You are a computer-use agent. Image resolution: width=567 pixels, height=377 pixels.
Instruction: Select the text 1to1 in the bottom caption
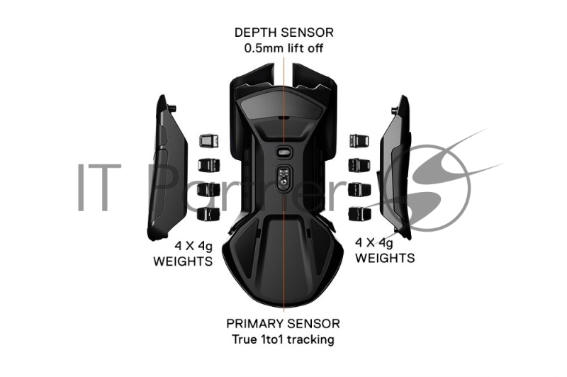(x=269, y=339)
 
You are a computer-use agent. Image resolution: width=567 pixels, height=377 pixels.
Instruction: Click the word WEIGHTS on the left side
(x=183, y=261)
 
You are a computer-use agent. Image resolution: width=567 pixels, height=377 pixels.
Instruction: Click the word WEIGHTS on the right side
(x=385, y=258)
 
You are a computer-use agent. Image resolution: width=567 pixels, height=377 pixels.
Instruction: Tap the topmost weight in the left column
(x=208, y=140)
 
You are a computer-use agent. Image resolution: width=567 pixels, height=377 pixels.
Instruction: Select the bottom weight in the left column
(x=208, y=214)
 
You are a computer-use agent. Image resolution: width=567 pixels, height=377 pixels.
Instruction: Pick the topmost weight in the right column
(x=359, y=140)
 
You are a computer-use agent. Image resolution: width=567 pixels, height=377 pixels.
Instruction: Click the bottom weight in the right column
(x=359, y=214)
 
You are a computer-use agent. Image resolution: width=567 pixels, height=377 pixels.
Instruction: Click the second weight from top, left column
(x=208, y=165)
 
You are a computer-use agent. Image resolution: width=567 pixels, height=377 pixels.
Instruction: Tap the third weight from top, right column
(x=359, y=190)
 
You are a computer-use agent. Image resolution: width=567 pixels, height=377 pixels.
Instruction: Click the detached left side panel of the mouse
(x=167, y=167)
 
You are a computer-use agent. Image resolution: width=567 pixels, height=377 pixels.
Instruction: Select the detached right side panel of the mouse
(x=394, y=167)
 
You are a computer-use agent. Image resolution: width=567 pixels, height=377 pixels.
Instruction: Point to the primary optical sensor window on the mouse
(x=284, y=176)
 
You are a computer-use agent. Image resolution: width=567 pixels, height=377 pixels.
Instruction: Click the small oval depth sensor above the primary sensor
(x=284, y=152)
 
